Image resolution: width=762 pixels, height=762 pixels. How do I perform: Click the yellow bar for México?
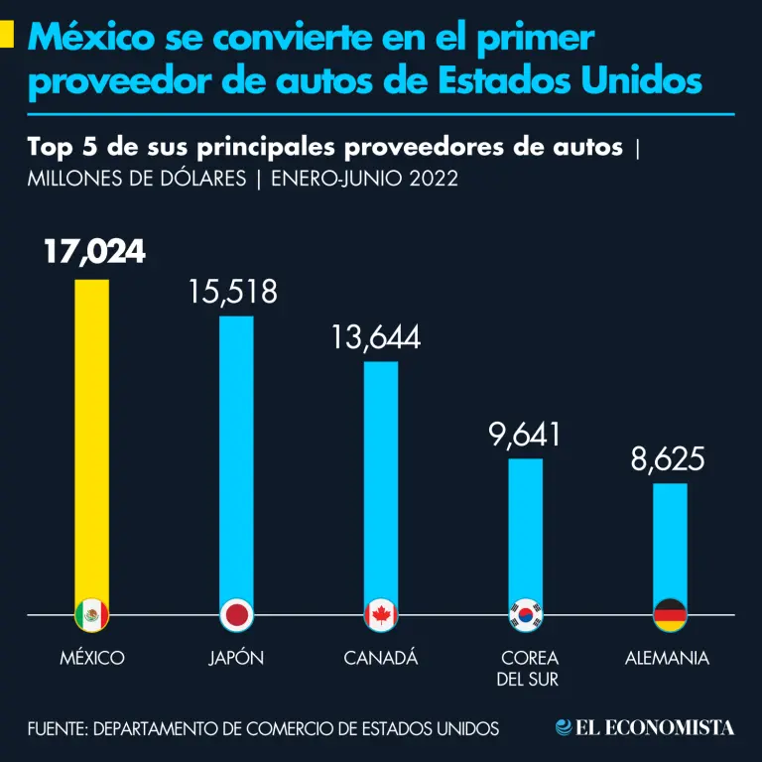(92, 437)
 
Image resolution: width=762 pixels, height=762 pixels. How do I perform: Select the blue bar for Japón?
(236, 456)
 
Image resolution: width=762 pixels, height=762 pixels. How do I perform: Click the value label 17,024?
(94, 252)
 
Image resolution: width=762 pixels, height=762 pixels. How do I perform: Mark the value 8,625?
(668, 459)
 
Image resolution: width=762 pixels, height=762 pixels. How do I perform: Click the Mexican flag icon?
(92, 616)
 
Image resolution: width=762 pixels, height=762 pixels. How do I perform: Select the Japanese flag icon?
(236, 616)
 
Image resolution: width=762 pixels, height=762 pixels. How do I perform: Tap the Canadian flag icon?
(381, 616)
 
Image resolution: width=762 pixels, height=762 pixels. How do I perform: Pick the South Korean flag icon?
(526, 616)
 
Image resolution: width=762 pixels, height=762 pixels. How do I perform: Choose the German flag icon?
(670, 616)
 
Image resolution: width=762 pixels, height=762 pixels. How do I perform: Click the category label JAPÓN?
(236, 658)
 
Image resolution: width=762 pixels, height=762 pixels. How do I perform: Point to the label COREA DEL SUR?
(529, 669)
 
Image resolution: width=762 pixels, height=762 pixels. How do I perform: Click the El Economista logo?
(645, 728)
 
